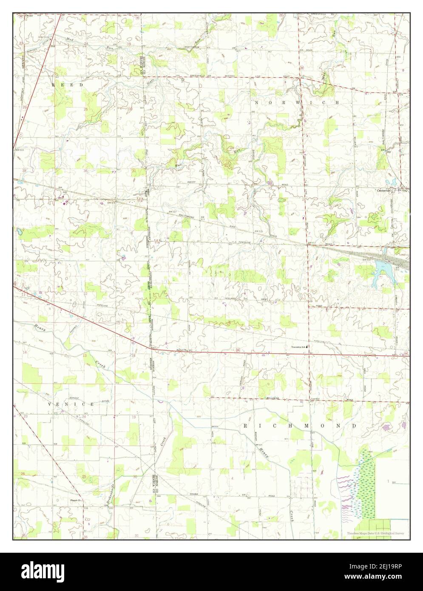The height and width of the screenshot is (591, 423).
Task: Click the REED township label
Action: [x=68, y=85]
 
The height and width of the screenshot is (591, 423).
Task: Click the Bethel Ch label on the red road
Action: [x=182, y=350]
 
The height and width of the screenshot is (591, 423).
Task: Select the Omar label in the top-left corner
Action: [x=29, y=16]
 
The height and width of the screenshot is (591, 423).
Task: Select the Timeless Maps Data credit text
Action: [x=375, y=533]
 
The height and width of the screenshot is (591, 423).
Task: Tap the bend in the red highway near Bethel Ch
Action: [x=148, y=347]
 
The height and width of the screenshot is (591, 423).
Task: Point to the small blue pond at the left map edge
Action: [x=19, y=232]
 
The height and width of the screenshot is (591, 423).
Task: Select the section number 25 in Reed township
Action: [x=86, y=109]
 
